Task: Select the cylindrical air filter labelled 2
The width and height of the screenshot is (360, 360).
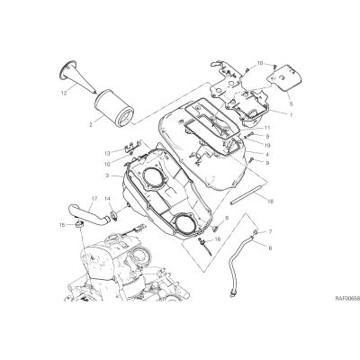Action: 114,107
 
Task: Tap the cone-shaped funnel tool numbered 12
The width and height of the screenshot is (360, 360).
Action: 77,76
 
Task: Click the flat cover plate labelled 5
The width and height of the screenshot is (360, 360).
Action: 286,79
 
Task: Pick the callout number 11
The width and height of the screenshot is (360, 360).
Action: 267,128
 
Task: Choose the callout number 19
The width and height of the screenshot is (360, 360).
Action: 267,146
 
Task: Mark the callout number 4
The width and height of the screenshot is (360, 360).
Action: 267,155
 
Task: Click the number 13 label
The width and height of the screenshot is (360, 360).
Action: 108,153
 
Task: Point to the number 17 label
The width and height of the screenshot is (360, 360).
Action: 94,198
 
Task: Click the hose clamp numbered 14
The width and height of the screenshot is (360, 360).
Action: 113,214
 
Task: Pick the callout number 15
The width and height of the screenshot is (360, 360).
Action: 62,225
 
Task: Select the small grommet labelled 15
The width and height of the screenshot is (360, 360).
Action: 78,224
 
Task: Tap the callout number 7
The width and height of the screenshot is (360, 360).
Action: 270,231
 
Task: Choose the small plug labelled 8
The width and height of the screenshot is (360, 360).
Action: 215,229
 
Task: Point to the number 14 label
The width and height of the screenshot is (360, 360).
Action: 108,198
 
